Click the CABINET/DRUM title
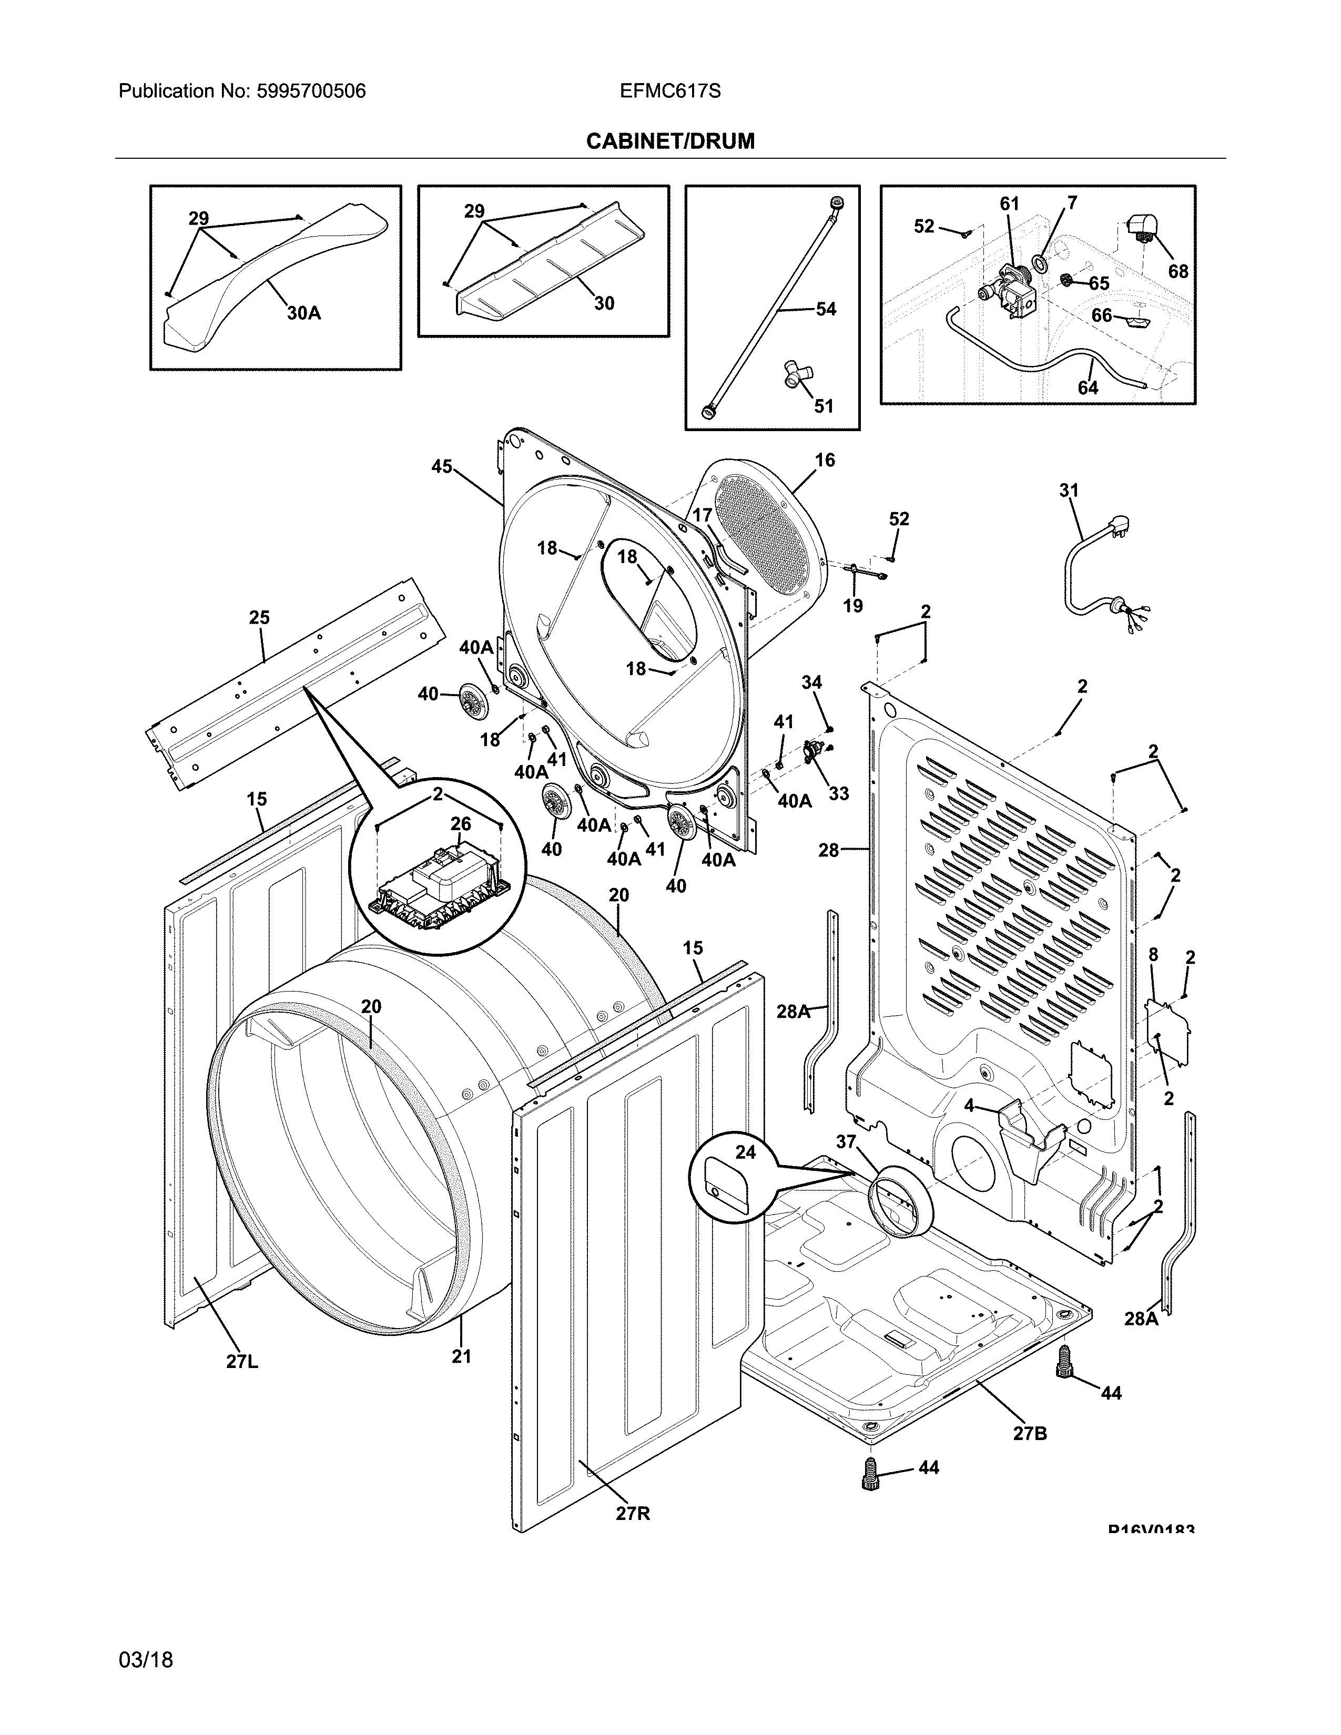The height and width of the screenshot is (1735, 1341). pos(669,141)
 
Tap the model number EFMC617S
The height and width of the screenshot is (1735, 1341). pos(669,91)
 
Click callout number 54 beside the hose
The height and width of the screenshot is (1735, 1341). pos(826,309)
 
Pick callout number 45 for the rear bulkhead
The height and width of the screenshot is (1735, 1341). pos(442,466)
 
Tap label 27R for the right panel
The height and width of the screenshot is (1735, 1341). pos(632,1513)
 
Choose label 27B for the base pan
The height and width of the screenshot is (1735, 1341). pos(1030,1432)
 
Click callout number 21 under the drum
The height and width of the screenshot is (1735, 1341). pos(462,1356)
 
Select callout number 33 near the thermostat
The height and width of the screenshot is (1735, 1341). pos(838,793)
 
